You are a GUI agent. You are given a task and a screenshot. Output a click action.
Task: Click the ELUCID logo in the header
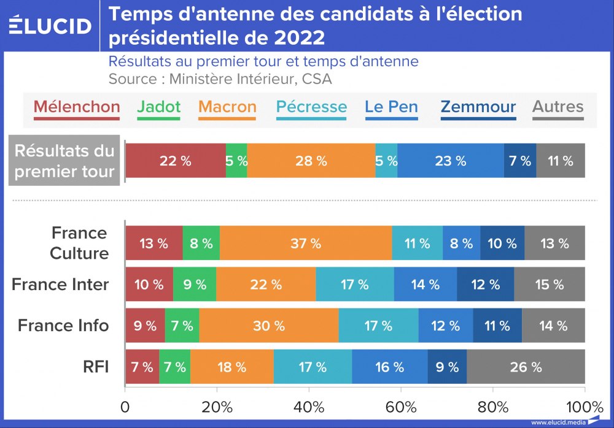coord(50,26)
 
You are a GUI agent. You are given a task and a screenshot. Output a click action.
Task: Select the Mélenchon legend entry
coord(77,107)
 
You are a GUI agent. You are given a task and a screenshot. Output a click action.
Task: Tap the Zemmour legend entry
coord(478,107)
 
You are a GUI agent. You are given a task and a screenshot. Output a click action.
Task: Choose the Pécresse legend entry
coord(311,107)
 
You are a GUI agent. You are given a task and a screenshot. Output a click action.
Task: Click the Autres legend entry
coord(558,107)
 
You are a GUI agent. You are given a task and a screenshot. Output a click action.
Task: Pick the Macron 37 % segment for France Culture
coord(306,243)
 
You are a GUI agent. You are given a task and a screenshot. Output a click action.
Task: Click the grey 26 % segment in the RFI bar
coord(526,367)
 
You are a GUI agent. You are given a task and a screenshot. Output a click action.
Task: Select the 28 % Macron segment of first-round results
coord(311,161)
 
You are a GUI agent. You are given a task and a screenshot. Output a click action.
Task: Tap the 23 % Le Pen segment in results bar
coord(451,161)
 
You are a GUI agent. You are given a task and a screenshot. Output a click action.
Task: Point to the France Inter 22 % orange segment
coord(266,284)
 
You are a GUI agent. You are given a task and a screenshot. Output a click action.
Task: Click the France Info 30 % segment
coord(269,326)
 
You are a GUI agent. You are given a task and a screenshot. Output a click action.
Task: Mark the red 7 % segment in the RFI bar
coord(142,367)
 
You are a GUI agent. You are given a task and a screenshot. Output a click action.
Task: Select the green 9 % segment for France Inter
coord(195,284)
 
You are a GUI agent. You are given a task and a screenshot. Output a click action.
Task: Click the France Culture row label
coord(79,243)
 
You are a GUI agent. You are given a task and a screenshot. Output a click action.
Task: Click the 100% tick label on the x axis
coord(585,407)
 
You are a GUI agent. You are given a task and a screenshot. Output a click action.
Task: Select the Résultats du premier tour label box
coord(64,161)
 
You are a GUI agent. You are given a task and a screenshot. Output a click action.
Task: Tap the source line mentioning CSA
coord(220,79)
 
